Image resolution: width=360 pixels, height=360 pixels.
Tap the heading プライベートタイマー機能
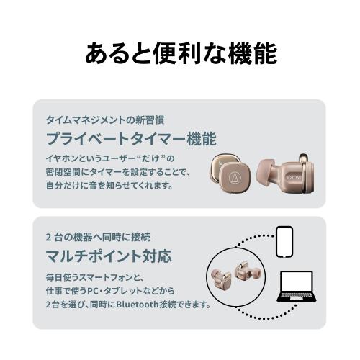130,138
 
